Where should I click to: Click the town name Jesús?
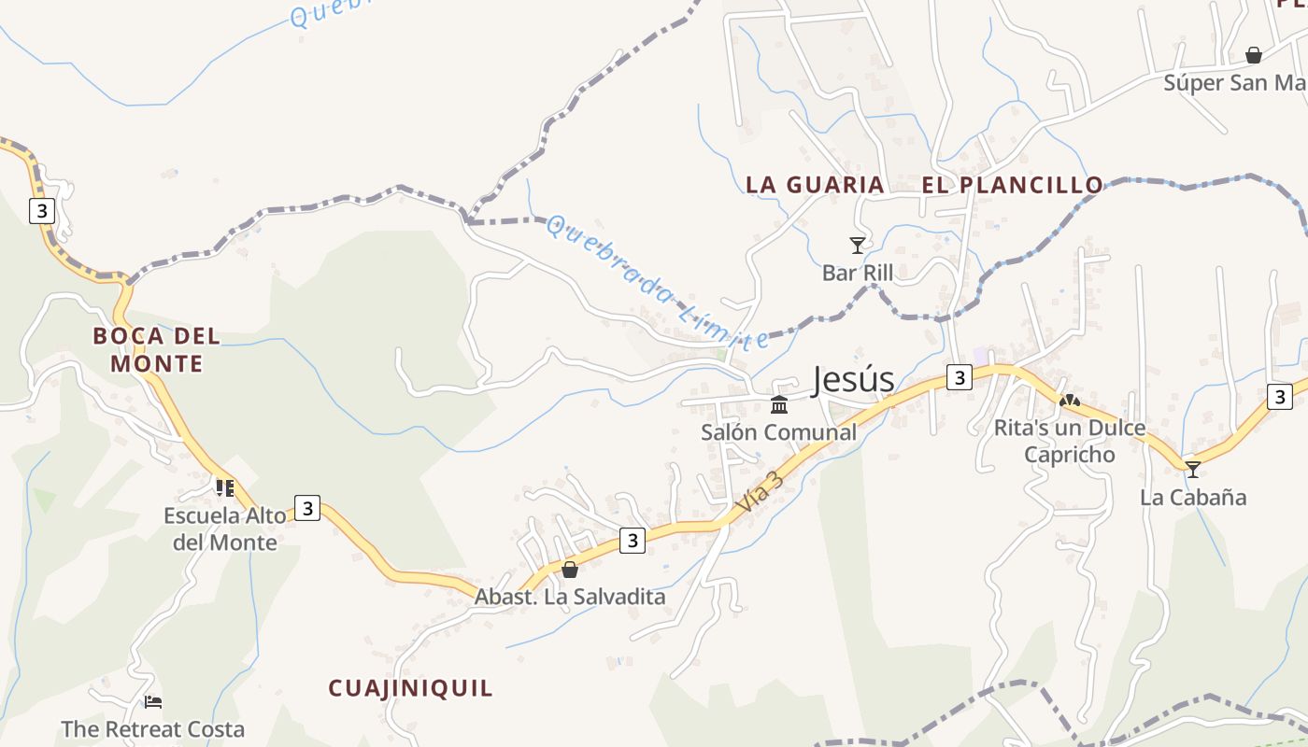coord(853,379)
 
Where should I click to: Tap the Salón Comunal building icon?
coord(779,404)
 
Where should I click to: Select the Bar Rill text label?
coord(858,273)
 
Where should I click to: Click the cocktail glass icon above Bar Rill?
coord(858,246)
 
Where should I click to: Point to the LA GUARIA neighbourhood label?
coord(815,185)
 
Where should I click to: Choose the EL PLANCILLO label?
coord(1013,185)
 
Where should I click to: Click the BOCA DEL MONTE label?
coord(157,349)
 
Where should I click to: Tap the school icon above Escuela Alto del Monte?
coord(224,487)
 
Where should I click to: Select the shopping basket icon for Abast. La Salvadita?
coord(570,569)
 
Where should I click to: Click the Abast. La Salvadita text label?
coord(570,597)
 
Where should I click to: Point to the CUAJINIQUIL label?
coord(410,688)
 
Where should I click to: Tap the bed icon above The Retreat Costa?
coord(153,701)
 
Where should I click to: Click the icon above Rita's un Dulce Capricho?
coord(1070,401)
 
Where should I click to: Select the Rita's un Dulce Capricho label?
coord(1070,442)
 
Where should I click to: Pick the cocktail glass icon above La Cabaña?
coord(1193,469)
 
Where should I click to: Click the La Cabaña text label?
coord(1193,497)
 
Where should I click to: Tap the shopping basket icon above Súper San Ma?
coord(1254,55)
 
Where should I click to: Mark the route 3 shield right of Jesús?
coord(959,377)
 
